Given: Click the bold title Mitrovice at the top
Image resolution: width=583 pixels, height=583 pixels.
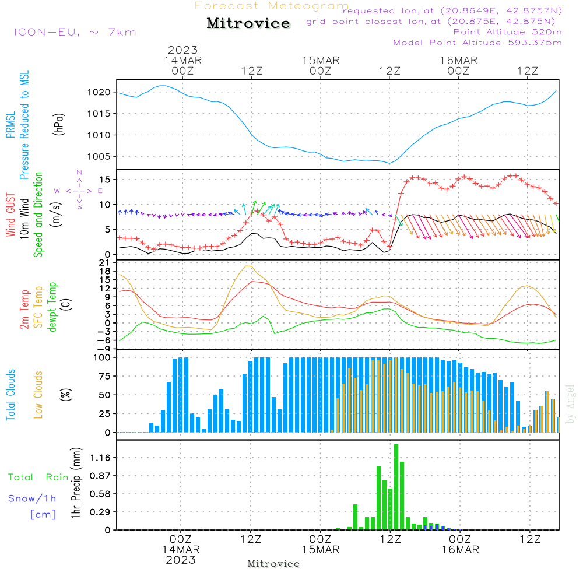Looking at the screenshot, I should point(248,23).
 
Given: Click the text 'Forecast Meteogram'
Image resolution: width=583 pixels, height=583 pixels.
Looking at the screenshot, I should point(272,6).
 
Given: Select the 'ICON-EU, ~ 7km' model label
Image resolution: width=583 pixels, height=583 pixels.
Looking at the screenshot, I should point(75,32).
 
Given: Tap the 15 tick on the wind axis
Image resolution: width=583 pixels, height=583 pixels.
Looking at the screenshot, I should point(105,179).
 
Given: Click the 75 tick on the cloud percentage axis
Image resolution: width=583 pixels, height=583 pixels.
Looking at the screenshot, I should point(104,376).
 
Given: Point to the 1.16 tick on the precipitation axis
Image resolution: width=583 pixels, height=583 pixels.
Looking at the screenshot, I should point(101,458).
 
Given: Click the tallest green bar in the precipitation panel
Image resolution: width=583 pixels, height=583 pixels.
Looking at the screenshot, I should point(396,487).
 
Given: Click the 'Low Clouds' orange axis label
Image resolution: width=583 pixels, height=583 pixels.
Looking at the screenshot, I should point(38,394).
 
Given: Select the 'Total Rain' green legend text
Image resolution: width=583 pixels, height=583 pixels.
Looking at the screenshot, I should point(38,477).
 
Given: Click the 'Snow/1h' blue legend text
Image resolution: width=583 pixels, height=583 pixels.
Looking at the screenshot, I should point(32,498).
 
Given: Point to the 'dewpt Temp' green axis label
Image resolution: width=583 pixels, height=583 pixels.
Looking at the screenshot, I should point(52,308).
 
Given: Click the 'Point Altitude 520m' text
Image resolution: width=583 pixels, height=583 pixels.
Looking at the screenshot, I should point(507,31).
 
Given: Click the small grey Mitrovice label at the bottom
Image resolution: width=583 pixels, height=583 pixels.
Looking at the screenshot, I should point(273,564).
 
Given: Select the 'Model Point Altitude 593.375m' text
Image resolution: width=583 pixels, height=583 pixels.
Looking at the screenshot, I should point(477,43).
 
